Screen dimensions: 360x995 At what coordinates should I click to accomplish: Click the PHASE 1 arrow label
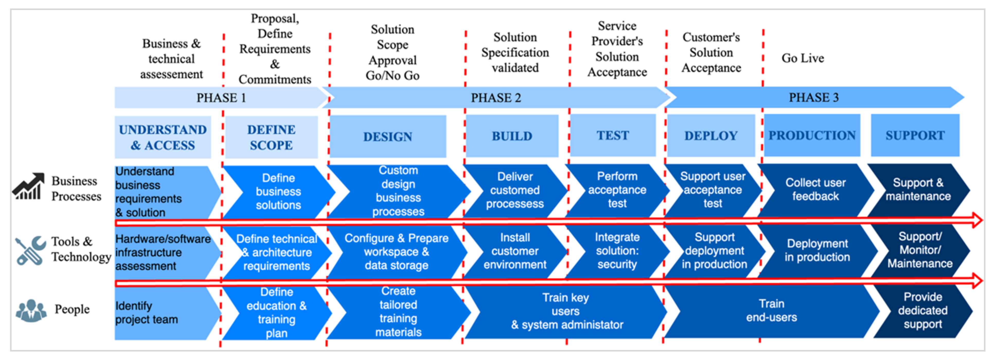tap(221, 97)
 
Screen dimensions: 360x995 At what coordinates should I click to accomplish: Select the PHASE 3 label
tap(813, 97)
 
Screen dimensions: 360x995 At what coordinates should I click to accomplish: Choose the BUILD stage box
tap(512, 136)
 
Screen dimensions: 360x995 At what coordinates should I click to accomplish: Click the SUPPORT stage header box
tap(915, 135)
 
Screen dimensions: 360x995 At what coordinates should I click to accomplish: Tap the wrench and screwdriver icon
tap(30, 250)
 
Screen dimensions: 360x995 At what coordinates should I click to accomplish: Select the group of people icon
tap(31, 310)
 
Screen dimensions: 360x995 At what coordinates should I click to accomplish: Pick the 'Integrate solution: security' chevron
tap(617, 251)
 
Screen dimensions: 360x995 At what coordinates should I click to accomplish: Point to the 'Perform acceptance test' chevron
tap(617, 190)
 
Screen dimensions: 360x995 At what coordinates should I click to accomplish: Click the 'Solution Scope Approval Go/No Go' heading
tap(393, 52)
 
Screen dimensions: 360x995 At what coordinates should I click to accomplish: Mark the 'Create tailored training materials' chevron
tap(398, 311)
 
